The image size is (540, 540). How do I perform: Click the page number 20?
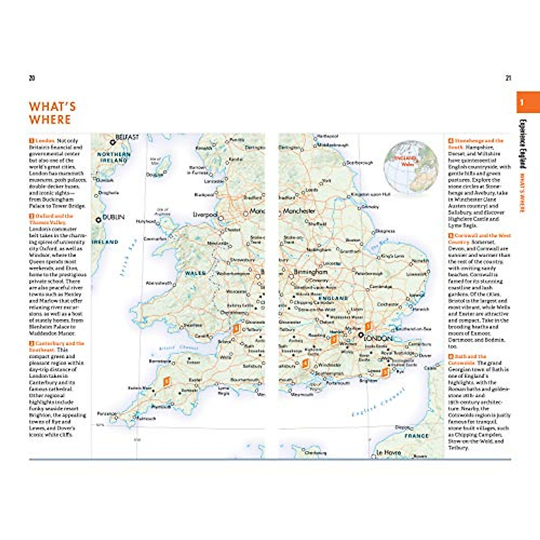tap(31, 78)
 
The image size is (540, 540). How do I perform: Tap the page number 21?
tap(508, 78)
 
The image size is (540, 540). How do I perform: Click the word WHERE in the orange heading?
tap(50, 120)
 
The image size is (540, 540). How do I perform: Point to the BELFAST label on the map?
tap(127, 137)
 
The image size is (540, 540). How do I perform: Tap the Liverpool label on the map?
tap(205, 215)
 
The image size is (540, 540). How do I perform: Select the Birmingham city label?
tap(310, 272)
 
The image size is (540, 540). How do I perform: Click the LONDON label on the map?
tap(378, 338)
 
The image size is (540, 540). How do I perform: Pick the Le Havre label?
tap(388, 452)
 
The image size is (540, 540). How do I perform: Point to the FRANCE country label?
tap(416, 436)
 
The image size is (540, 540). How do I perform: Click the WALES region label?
tap(195, 273)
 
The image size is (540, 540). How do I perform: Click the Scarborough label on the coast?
tap(360, 163)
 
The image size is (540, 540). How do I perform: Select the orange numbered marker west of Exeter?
tap(166, 382)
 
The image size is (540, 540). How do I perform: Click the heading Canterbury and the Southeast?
tap(56, 346)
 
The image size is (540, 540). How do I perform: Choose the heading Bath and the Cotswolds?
tap(470, 360)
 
